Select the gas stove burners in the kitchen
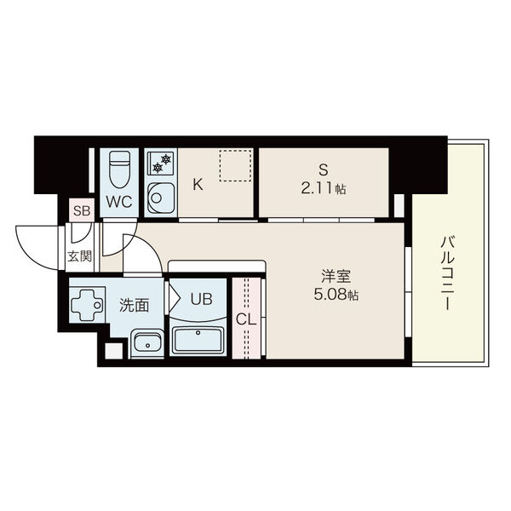[159, 161]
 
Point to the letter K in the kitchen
[197, 184]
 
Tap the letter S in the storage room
[324, 169]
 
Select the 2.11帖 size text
[324, 188]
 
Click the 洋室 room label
[335, 277]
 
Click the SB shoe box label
[81, 210]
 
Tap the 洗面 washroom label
[134, 302]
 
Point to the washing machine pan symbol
[87, 305]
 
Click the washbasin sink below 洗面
[147, 342]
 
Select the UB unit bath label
[202, 299]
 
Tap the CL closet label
[246, 319]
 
